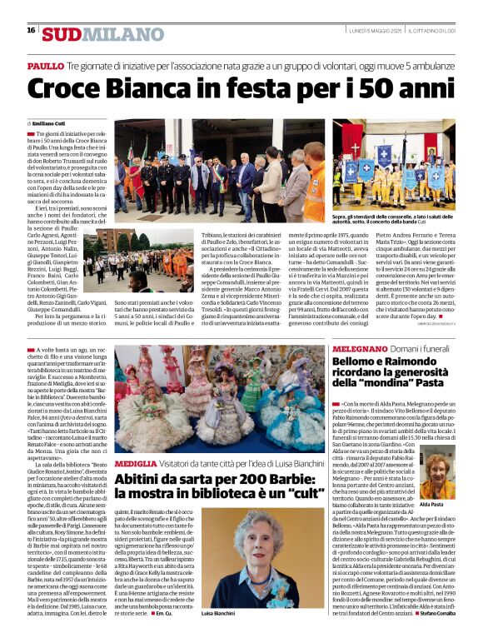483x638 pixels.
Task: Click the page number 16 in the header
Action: (31, 30)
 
